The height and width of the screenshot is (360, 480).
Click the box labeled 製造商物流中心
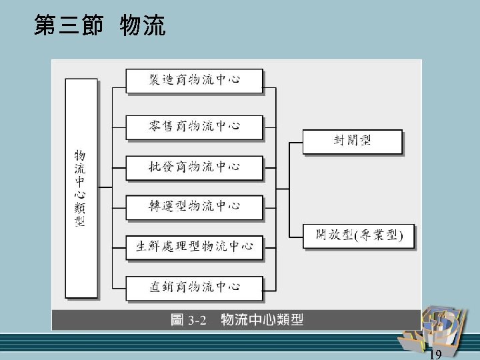click(193, 81)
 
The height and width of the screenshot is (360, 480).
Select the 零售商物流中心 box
click(193, 125)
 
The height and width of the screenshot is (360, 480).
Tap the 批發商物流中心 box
click(193, 167)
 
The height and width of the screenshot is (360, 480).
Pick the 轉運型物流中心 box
click(193, 206)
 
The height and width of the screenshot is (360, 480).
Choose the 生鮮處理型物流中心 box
click(194, 247)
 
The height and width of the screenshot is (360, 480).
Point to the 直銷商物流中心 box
click(193, 287)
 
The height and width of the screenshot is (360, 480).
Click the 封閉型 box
click(352, 141)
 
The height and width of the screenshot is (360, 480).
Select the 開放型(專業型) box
click(358, 235)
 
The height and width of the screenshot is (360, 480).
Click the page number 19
click(436, 353)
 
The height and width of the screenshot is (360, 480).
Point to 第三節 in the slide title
click(67, 27)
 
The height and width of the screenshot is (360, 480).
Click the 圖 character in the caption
click(177, 321)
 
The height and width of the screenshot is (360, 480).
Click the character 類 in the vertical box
click(80, 207)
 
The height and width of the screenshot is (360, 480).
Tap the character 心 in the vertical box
click(80, 193)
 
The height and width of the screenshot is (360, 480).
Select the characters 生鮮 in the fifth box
click(149, 247)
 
